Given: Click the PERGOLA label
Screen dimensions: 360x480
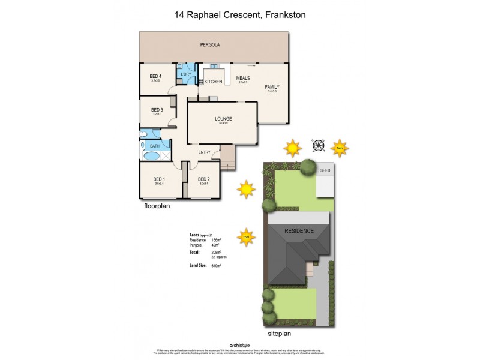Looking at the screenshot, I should (210, 45).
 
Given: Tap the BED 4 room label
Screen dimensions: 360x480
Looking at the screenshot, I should (155, 76).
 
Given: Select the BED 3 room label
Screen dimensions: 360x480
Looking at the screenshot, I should (157, 110).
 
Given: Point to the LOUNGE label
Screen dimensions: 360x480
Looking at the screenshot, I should (223, 119).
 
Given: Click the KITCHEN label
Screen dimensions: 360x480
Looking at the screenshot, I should (214, 82).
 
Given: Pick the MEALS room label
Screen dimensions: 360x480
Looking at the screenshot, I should (242, 78).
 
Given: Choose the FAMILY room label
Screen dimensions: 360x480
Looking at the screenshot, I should (272, 87).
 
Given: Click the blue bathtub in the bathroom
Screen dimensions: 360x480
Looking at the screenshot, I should (152, 156).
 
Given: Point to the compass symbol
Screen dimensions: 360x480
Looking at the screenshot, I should (317, 145).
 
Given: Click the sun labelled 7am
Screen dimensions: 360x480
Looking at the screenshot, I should (339, 147).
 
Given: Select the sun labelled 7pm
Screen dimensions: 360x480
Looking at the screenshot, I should (245, 236).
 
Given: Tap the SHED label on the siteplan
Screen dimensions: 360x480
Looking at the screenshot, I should (325, 170).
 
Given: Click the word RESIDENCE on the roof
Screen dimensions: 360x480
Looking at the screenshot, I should (299, 231).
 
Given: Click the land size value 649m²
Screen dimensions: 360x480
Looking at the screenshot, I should (217, 265).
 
